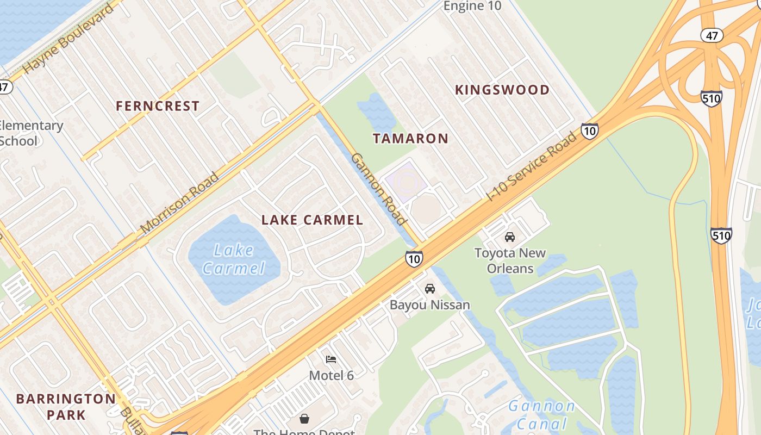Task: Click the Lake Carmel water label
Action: click(x=233, y=259)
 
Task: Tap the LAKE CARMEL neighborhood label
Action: click(x=312, y=220)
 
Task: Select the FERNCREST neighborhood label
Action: click(x=158, y=106)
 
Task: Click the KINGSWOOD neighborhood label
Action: click(x=502, y=90)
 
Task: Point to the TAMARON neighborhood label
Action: click(x=410, y=138)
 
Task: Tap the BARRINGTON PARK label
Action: click(x=66, y=406)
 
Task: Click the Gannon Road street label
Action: click(x=379, y=189)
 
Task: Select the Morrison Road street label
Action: click(x=180, y=203)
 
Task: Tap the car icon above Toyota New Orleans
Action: click(x=510, y=237)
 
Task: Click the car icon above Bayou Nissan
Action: click(x=430, y=289)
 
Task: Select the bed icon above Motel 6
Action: click(x=331, y=359)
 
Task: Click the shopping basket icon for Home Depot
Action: click(x=304, y=419)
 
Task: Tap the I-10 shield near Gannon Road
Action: click(x=414, y=259)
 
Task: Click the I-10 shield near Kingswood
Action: click(x=590, y=130)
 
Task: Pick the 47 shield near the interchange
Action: click(x=712, y=36)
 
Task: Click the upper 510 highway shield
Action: click(x=711, y=98)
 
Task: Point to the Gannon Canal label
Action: click(x=541, y=415)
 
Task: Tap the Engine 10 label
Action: click(x=472, y=6)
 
